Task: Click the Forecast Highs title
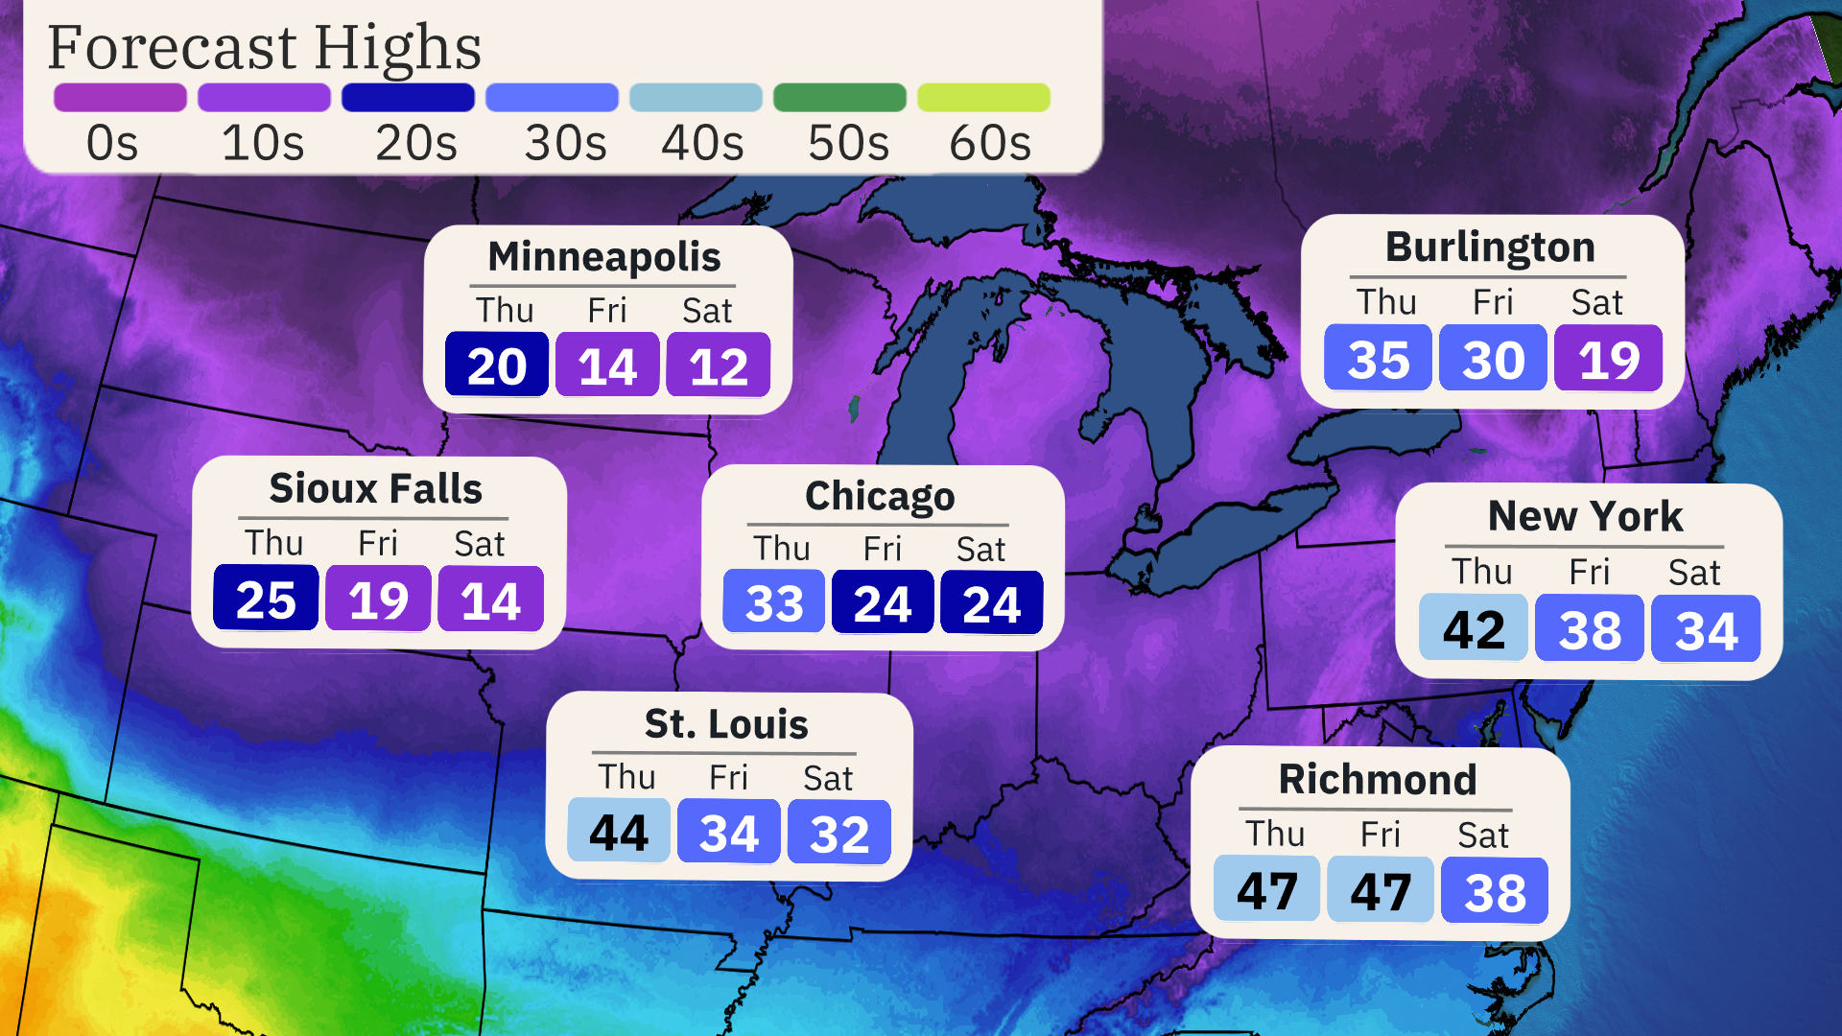point(264,48)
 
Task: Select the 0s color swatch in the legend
point(120,98)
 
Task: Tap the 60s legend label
point(989,144)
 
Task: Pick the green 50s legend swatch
point(839,98)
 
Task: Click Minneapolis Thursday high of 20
point(497,365)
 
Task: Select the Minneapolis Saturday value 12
point(719,365)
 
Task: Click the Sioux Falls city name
point(375,488)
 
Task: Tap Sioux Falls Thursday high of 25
point(266,600)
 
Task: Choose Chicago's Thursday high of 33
point(774,602)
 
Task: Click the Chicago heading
point(880,496)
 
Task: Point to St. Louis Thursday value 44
point(619,832)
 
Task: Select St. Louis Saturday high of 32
point(839,833)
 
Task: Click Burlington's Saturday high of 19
point(1609,360)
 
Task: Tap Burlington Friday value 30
point(1494,360)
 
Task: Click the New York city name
point(1585,516)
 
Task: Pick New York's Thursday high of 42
point(1474,629)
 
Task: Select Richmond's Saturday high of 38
point(1495,892)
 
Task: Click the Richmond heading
point(1378,779)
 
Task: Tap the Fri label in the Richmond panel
point(1381,835)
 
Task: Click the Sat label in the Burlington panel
point(1596,302)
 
